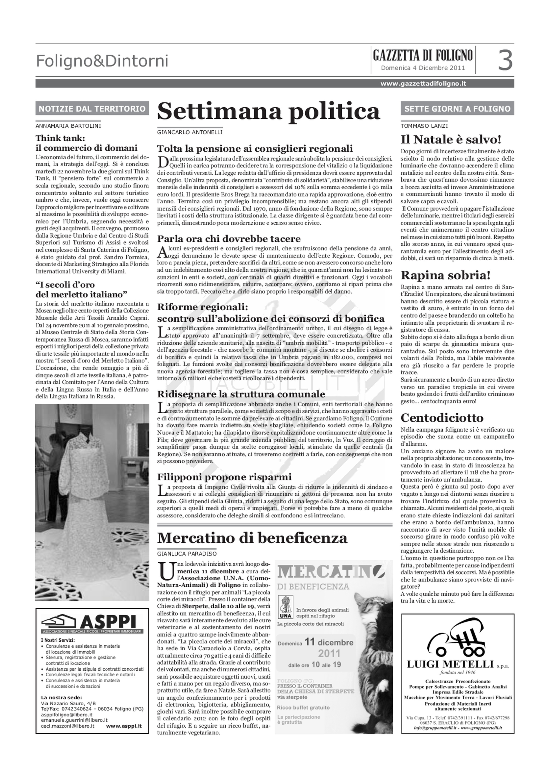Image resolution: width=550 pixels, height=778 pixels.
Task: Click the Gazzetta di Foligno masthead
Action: (423, 55)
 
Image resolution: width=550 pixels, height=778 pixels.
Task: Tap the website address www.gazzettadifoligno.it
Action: (423, 84)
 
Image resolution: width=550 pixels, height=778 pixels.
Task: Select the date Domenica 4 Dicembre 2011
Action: (423, 68)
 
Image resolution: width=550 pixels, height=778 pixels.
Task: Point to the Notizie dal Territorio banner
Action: (92, 109)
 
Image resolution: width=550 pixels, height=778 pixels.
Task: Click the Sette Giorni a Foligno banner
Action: (457, 109)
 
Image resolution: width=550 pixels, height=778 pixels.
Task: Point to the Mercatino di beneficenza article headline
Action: (252, 538)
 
